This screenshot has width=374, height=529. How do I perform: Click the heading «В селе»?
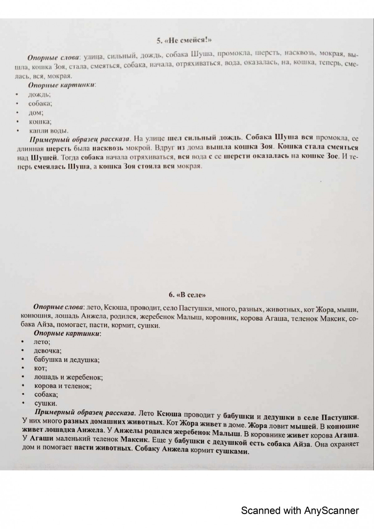[x=187, y=295]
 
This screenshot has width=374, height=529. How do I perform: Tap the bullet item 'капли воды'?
[x=48, y=131]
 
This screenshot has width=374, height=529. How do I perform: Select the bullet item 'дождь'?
[x=39, y=94]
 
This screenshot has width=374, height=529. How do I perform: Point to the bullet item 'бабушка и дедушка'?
[x=67, y=360]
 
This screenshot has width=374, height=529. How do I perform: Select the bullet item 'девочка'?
[x=48, y=351]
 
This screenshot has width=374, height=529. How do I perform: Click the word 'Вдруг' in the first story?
[x=168, y=147]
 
